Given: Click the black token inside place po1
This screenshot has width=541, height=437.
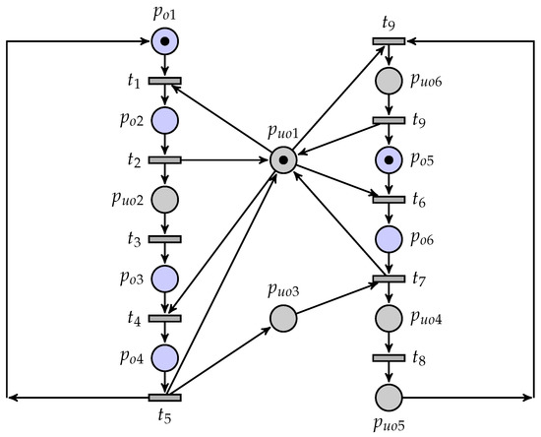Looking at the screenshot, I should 165,41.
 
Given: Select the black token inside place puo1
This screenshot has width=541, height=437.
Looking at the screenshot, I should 283,159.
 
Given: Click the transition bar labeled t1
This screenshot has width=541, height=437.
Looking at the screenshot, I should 165,80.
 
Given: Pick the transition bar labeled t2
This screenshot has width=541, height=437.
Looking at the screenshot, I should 165,159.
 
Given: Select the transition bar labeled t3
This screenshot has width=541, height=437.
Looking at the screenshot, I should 165,239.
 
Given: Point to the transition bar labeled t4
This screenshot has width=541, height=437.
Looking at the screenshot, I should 165,318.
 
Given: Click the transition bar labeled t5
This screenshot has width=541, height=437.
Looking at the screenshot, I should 165,398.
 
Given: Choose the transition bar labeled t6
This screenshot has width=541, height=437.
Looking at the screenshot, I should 389,200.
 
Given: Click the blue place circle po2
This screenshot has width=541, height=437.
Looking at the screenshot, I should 165,120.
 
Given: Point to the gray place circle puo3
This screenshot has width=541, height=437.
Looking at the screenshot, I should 283,318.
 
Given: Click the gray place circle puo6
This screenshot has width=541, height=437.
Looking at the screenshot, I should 389,80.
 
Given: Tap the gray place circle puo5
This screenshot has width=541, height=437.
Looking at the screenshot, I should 389,398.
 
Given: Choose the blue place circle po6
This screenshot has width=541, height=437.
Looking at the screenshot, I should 389,239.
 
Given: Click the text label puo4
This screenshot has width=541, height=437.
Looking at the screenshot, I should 432,318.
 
